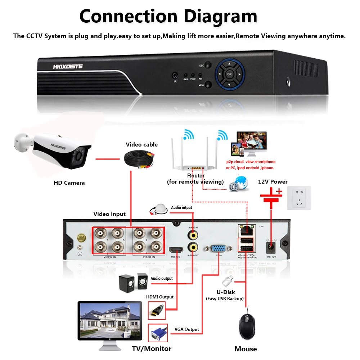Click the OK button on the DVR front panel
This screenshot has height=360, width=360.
230,74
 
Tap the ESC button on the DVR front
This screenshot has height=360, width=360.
202,66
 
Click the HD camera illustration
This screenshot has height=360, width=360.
54,151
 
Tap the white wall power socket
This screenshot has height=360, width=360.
299,198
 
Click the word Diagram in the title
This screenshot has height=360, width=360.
213,17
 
